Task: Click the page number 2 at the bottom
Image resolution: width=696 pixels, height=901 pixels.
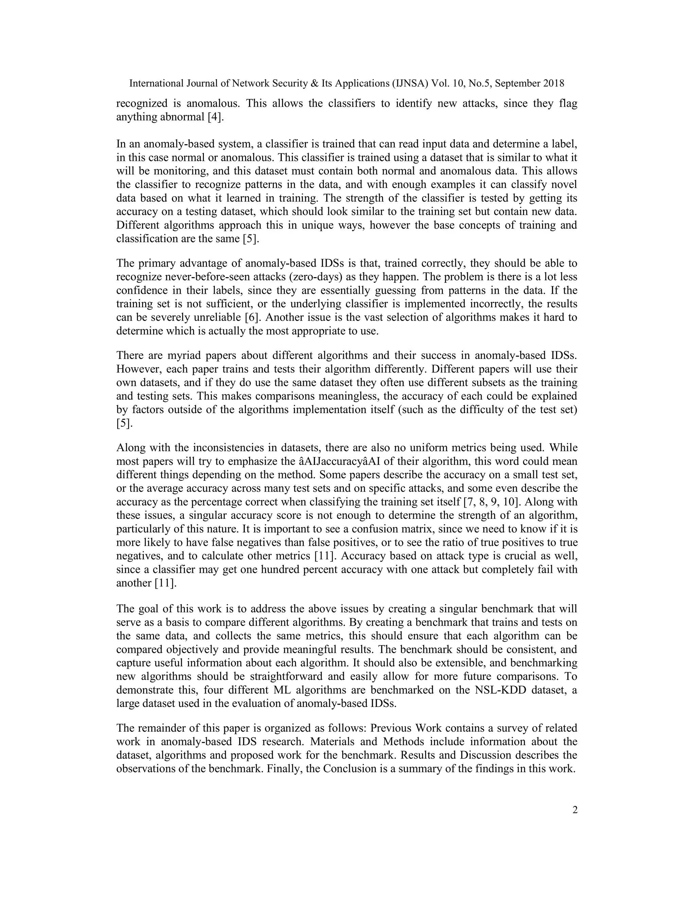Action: (575, 810)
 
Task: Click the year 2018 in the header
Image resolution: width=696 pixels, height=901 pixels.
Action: (553, 83)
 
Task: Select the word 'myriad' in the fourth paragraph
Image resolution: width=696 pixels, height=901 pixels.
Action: (184, 355)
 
